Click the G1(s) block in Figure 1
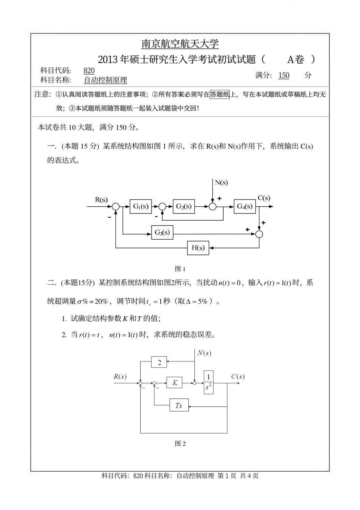point(140,207)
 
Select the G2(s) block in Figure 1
point(183,207)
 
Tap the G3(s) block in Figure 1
point(162,232)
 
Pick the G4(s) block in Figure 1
point(244,207)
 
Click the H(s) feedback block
point(198,248)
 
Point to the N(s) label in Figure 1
point(221,182)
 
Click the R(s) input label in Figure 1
point(101,200)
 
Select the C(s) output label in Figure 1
point(264,198)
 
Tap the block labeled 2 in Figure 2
point(159,362)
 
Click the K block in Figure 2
point(174,383)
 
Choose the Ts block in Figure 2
point(179,406)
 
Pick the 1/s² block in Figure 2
point(208,382)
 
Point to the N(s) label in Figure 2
point(204,353)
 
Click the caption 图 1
point(180,269)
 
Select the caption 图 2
point(180,444)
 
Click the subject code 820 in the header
point(89,71)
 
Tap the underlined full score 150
point(283,75)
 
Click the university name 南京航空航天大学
point(180,44)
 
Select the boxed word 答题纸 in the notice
point(220,94)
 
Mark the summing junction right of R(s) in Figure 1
point(116,207)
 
